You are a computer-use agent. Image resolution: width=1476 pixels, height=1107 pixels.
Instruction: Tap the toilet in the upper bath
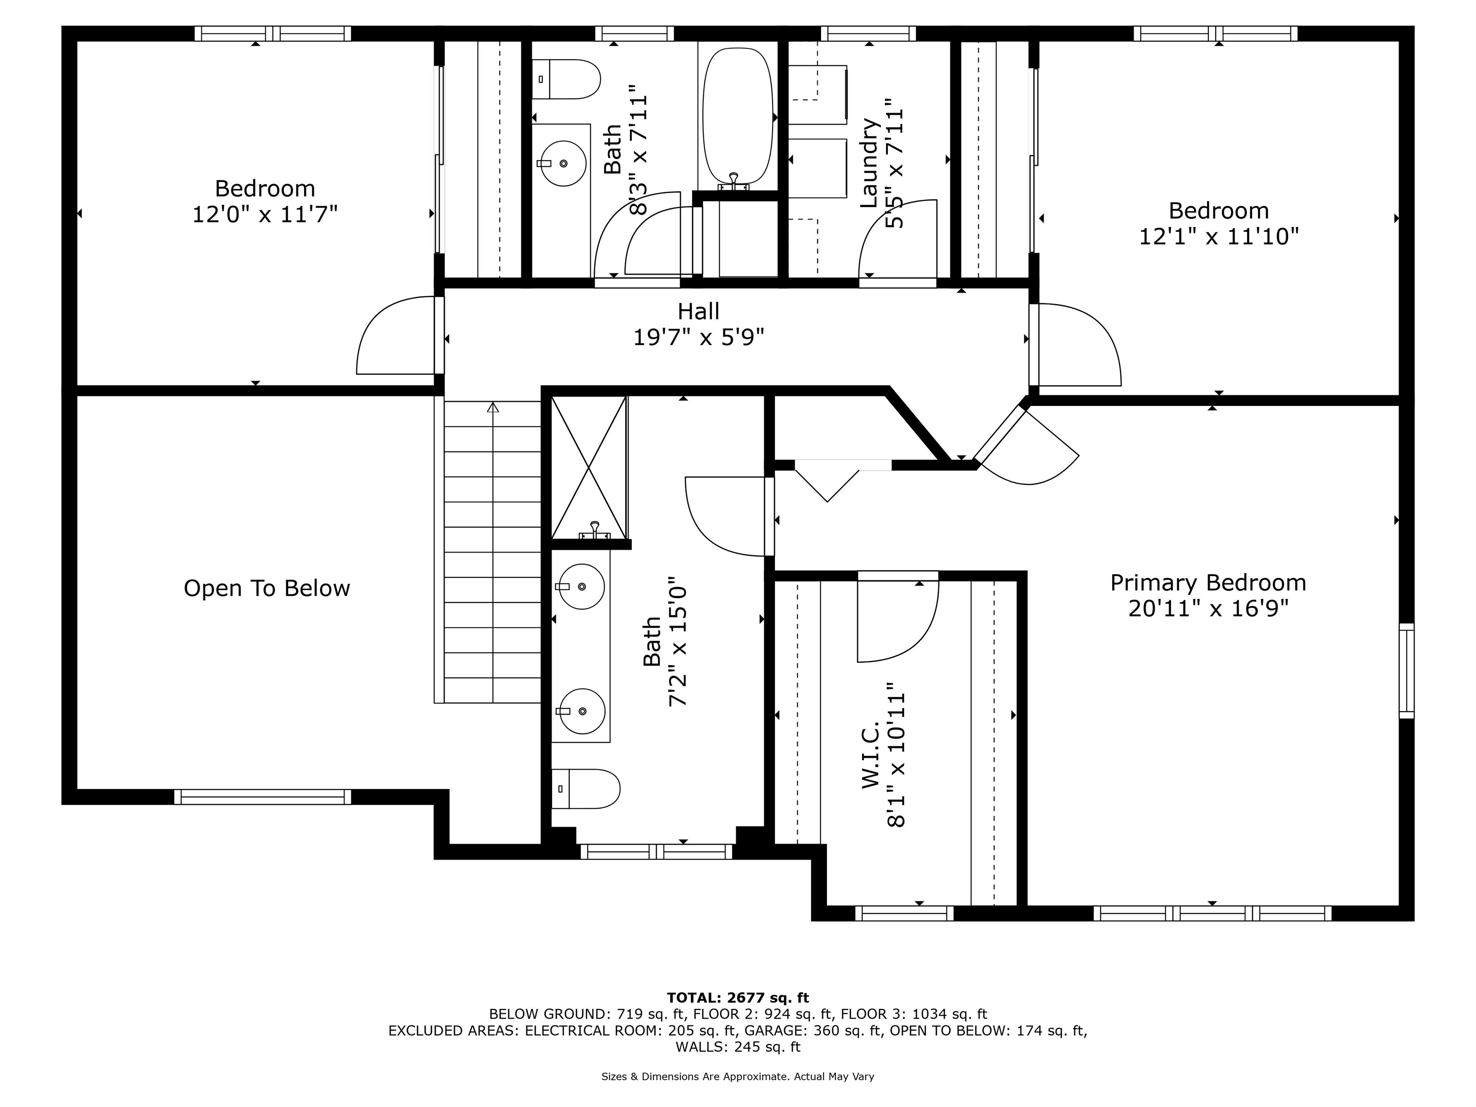(x=566, y=79)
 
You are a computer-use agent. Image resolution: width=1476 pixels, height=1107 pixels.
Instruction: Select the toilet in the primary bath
(x=585, y=789)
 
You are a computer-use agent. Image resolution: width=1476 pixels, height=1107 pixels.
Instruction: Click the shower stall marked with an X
(x=589, y=467)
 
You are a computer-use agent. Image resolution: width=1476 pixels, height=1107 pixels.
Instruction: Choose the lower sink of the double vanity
(x=582, y=711)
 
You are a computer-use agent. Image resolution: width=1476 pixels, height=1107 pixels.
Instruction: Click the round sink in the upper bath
(x=563, y=163)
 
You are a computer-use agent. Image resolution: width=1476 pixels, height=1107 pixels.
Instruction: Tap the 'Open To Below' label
(x=267, y=588)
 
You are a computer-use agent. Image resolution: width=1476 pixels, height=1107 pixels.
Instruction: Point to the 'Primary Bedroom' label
(x=1208, y=582)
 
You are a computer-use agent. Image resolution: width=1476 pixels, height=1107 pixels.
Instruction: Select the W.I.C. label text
(x=870, y=754)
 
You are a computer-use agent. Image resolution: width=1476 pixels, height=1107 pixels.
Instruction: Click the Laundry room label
(x=868, y=163)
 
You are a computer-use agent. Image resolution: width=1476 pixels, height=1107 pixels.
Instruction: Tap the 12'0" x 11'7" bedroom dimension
(x=265, y=215)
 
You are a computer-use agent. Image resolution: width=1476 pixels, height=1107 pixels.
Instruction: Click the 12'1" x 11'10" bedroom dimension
(x=1218, y=237)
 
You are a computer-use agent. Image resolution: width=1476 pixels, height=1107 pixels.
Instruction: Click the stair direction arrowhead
(x=493, y=407)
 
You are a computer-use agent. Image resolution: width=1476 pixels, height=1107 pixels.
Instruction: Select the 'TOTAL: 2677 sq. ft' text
(x=738, y=997)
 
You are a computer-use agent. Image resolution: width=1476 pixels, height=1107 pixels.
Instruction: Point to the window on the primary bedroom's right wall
(x=1406, y=671)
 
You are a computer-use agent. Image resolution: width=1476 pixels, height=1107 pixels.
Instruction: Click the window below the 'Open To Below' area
(x=263, y=797)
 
